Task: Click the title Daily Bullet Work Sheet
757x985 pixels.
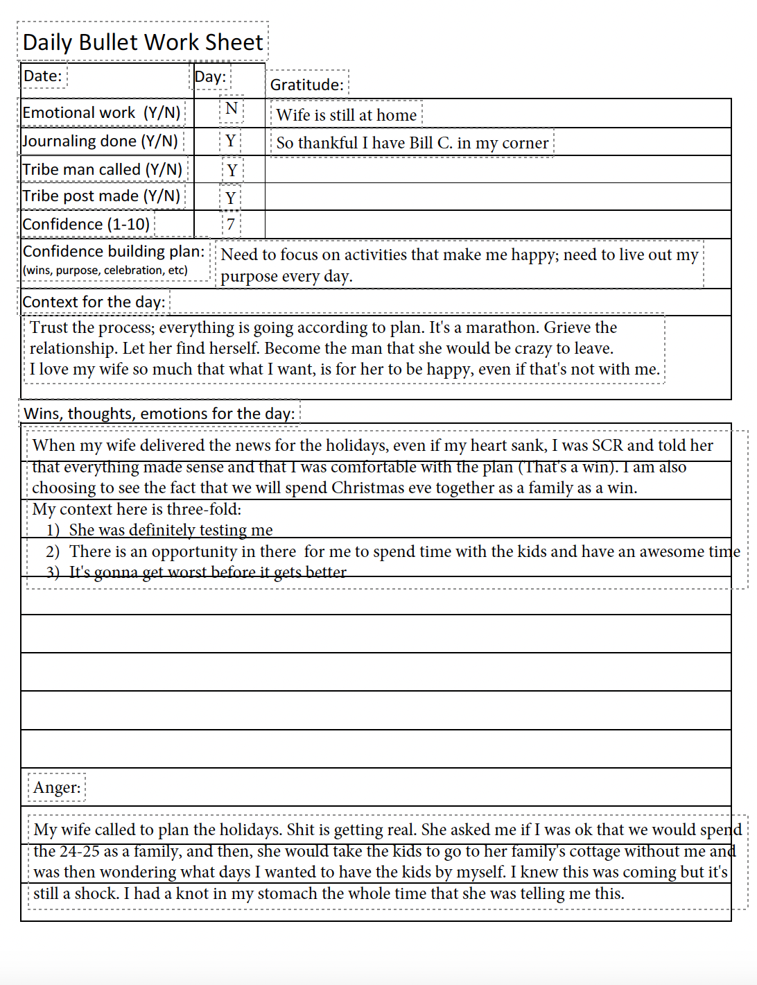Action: [143, 42]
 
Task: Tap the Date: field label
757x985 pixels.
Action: [43, 76]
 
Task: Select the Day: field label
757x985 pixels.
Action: [210, 76]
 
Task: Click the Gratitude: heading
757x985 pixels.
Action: [307, 85]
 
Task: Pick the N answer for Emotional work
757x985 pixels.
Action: [232, 109]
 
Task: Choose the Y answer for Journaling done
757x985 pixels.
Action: [231, 142]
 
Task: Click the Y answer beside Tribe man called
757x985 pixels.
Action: [232, 170]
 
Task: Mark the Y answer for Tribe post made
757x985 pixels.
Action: [231, 198]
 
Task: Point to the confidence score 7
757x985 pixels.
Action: [231, 225]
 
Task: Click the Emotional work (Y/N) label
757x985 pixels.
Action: [102, 112]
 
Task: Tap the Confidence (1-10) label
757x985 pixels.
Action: [86, 224]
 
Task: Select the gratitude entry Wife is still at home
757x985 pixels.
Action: [347, 115]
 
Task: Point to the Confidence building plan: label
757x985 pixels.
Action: [114, 251]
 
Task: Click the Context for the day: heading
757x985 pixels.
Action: [94, 302]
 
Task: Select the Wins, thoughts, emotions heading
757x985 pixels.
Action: [159, 413]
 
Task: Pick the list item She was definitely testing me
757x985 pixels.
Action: [171, 530]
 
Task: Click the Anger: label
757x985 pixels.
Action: [57, 787]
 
